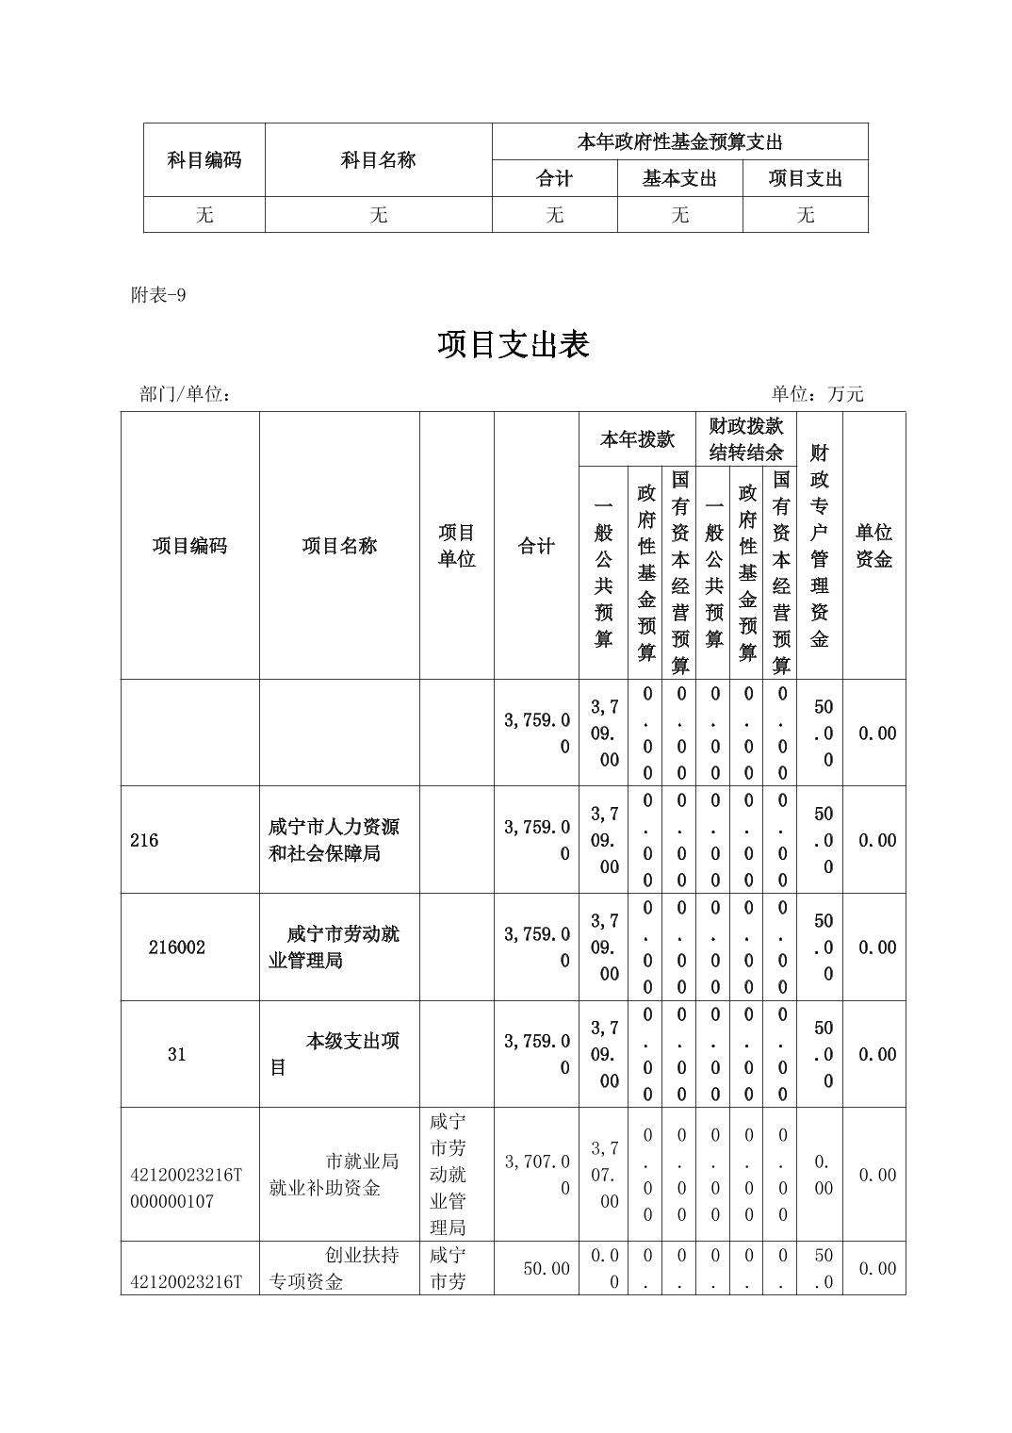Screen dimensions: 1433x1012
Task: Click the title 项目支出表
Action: point(513,345)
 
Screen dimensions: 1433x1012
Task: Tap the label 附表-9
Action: point(158,295)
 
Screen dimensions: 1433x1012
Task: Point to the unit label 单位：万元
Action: point(817,394)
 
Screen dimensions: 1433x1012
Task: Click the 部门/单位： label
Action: point(186,394)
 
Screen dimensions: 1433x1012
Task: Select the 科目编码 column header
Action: point(204,160)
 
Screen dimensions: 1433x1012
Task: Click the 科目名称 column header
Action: point(378,160)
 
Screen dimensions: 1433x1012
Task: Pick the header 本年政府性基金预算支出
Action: point(679,142)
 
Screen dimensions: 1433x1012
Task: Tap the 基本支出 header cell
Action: point(679,178)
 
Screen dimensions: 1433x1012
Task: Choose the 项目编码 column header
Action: point(189,546)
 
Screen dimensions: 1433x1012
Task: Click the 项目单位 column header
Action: point(456,546)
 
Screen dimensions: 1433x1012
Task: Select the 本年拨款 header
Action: point(637,439)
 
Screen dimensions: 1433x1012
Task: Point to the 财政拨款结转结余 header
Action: point(746,439)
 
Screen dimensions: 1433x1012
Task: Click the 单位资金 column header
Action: point(873,546)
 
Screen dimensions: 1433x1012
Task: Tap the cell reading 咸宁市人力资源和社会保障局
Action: point(335,840)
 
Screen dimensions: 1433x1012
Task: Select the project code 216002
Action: point(176,947)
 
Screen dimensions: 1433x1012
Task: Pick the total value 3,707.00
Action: point(536,1175)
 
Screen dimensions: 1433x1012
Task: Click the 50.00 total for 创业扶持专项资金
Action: point(547,1269)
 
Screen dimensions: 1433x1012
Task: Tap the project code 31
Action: point(176,1054)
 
